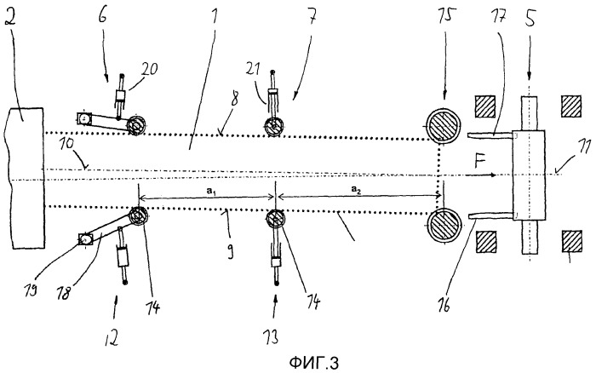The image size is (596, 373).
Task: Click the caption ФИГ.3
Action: point(314,362)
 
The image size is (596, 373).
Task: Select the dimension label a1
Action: point(211,192)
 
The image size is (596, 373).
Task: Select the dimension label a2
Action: point(356,189)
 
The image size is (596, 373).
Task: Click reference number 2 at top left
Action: point(10,16)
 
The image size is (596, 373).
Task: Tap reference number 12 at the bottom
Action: point(112,337)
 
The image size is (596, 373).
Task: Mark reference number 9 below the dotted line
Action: point(231,252)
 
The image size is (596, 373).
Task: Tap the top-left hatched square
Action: point(485,106)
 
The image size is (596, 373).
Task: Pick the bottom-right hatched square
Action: point(571,241)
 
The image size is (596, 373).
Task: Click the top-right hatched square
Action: point(571,106)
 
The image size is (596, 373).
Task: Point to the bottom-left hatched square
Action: point(486,242)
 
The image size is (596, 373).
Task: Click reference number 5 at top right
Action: point(530,17)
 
